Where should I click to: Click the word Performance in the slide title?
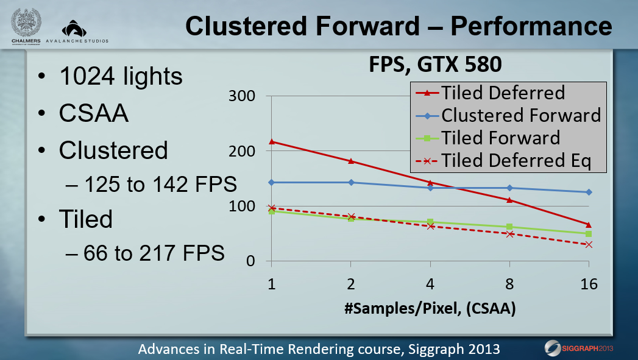[x=531, y=26]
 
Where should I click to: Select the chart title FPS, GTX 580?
[x=435, y=65]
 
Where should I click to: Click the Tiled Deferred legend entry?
[x=491, y=93]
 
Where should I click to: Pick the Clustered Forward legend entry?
[x=508, y=116]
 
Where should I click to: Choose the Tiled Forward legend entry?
[x=488, y=138]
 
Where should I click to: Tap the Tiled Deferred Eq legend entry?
[x=503, y=161]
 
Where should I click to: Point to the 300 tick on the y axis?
[x=242, y=96]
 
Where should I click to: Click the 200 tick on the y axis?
[x=242, y=151]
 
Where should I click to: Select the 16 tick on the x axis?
[x=589, y=283]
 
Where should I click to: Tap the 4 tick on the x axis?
[x=430, y=283]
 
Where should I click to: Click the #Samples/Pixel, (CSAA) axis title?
[x=430, y=308]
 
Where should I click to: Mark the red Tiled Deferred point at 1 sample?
[x=271, y=141]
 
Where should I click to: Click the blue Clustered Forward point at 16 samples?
[x=589, y=192]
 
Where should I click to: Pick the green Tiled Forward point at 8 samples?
[x=509, y=227]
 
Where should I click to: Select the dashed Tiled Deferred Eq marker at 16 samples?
[x=589, y=244]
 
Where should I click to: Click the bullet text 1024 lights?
[x=121, y=77]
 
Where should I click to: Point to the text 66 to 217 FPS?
[x=154, y=253]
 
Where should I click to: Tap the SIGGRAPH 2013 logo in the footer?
[x=579, y=348]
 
